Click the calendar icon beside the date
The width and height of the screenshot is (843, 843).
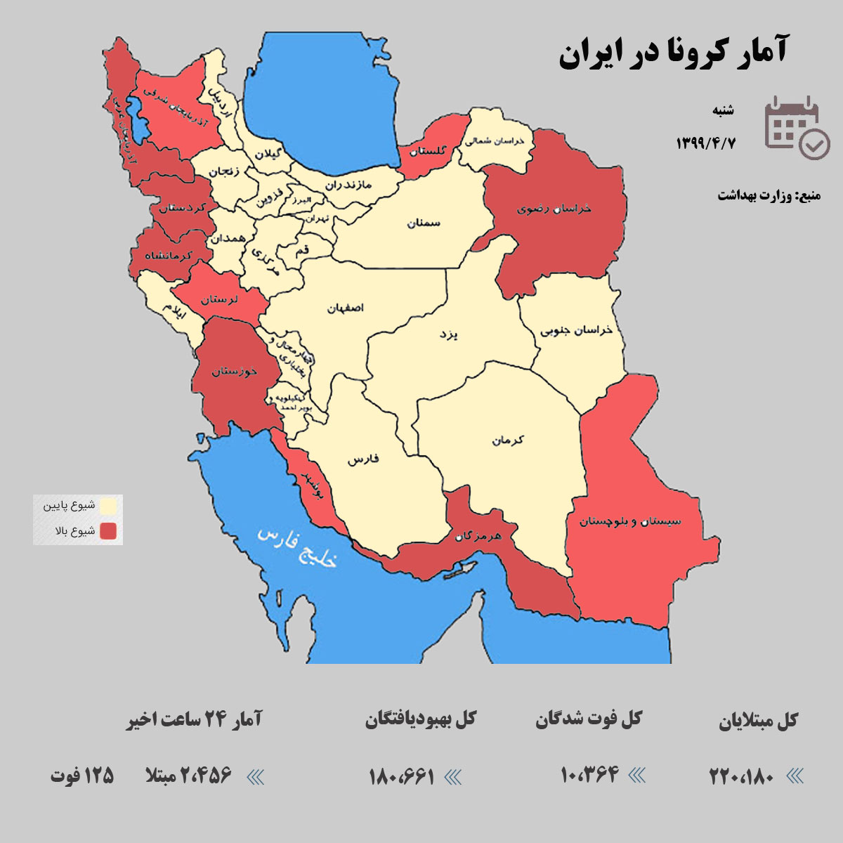click(797, 127)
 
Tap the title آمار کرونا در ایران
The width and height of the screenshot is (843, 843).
click(672, 52)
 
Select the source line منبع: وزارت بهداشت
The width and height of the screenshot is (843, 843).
click(769, 195)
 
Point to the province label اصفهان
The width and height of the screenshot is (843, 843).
click(346, 308)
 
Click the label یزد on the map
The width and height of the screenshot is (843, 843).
click(448, 334)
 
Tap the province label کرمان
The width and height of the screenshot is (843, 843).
click(508, 440)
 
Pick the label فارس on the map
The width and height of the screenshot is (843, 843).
click(363, 459)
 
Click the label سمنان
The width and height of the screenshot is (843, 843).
click(424, 223)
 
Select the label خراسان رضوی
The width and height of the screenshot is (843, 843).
click(554, 209)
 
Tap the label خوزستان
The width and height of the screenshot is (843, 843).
click(235, 370)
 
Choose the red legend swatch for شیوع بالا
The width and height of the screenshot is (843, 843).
click(108, 531)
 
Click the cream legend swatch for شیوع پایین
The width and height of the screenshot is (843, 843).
click(108, 506)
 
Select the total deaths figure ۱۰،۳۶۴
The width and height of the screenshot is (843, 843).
click(589, 775)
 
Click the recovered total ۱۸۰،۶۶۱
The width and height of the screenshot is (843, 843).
click(402, 776)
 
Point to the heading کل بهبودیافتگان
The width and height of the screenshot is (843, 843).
click(420, 719)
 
